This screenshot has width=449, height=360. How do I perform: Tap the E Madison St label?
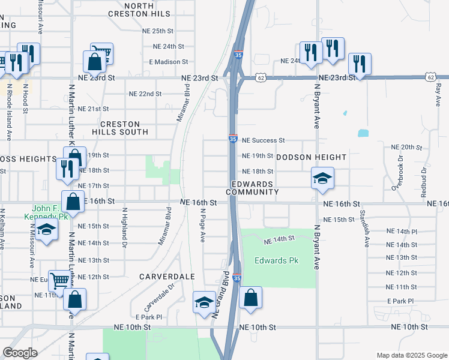169,62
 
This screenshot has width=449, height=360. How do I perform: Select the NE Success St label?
263,140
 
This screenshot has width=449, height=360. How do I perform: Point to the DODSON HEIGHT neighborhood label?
312,157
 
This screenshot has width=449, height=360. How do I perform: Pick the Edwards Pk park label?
276,261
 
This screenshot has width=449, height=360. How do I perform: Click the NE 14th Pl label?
402,231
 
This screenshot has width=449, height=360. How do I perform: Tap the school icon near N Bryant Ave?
322,178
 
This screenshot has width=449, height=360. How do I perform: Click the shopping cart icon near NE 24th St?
102,53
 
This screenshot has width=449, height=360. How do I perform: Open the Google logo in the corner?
20,353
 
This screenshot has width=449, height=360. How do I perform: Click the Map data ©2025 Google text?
412,355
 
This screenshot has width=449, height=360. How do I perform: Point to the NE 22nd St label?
146,94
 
